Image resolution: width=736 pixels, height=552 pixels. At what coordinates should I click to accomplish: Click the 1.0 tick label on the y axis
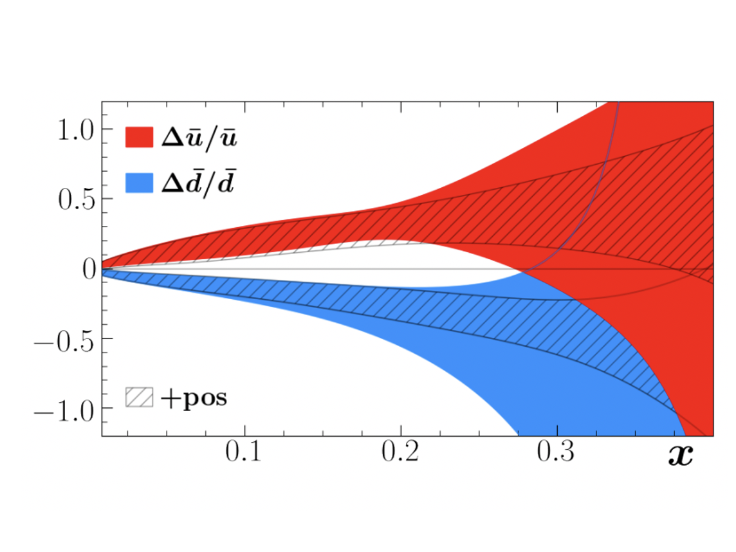tap(76, 129)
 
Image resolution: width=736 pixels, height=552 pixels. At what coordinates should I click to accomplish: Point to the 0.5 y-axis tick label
tap(76, 199)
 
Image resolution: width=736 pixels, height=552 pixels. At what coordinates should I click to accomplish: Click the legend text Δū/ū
tap(199, 138)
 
